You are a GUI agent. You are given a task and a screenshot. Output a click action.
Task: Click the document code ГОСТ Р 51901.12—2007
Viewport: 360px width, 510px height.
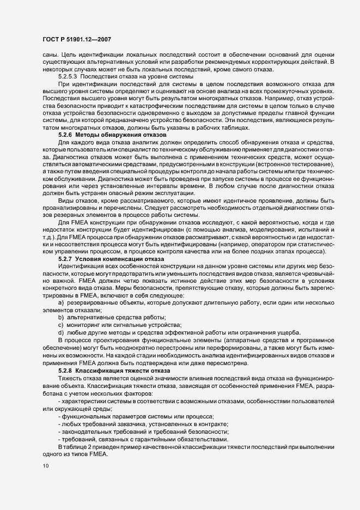point(81,39)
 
